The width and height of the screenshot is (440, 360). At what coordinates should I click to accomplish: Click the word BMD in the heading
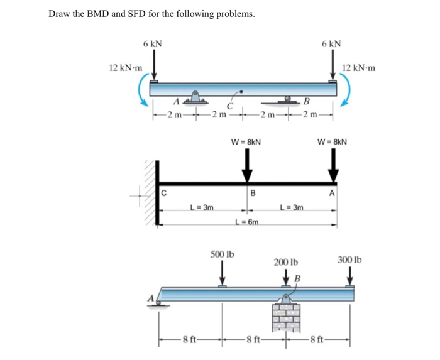pos(95,14)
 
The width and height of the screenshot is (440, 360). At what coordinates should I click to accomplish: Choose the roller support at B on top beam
pos(289,100)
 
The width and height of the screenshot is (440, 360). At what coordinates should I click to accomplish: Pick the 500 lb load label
pos(222,254)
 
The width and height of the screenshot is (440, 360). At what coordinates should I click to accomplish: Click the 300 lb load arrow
pos(349,275)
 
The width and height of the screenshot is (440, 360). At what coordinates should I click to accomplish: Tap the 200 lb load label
pos(286,261)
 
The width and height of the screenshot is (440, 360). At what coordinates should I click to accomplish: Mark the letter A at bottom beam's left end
pos(151,299)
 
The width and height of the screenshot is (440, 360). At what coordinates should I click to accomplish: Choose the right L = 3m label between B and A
pos(291,208)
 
